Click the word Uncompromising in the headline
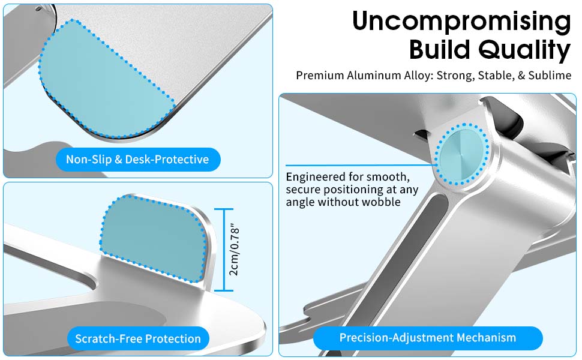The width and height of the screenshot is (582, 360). (461, 22)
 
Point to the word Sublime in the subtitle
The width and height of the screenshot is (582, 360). (550, 76)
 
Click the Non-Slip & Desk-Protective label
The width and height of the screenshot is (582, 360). (138, 159)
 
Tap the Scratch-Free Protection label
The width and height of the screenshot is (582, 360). (138, 338)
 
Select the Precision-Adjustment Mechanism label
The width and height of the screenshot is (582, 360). (428, 338)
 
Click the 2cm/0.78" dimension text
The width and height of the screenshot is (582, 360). (235, 250)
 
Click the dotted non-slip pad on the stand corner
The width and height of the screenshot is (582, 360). (104, 80)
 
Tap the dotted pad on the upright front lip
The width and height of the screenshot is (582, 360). (153, 238)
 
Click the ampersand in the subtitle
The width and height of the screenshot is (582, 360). (521, 76)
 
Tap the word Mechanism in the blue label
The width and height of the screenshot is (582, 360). (486, 338)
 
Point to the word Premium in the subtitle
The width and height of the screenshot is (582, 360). (320, 76)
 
